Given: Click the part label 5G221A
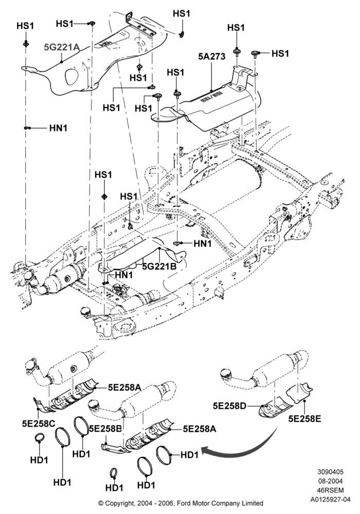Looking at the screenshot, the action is point(62,47).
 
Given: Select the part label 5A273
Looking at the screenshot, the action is point(211,57).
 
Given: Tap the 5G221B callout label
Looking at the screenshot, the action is point(159,266).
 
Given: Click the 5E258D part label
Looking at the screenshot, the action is point(229,406).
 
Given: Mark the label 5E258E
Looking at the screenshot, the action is point(305,418).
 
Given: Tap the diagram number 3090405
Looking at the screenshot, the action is point(330,472).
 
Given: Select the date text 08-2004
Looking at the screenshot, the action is point(330,481).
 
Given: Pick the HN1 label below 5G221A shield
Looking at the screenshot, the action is point(58,128).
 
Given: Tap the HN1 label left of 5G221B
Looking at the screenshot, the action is point(123,274).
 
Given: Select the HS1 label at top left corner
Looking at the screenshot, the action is point(25,26).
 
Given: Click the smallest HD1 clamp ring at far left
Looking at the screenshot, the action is point(40,437).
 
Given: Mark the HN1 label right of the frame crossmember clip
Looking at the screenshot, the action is point(203,244).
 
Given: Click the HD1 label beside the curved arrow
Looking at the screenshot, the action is point(189,455).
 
